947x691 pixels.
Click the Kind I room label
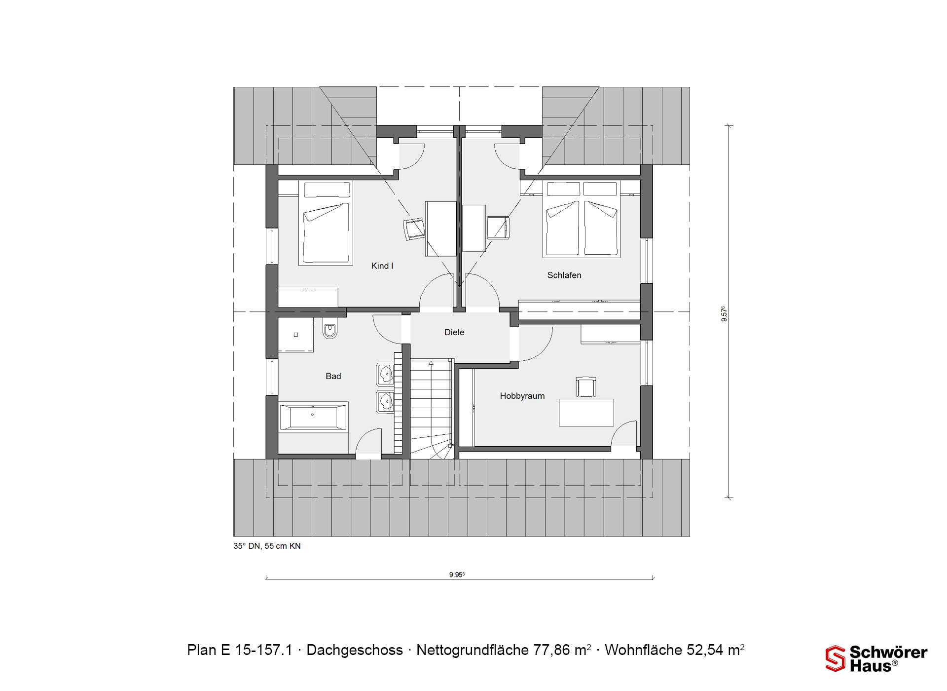click(x=382, y=266)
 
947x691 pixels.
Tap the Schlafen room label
click(x=564, y=275)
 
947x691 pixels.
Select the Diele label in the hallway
click(x=454, y=332)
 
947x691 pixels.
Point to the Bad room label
click(x=333, y=376)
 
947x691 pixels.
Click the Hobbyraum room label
click(x=522, y=396)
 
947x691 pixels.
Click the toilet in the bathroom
click(x=329, y=331)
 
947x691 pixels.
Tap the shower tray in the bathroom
click(x=295, y=335)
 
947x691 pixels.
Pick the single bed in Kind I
click(x=326, y=223)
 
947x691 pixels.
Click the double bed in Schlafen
click(x=582, y=219)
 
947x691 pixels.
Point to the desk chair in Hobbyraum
click(x=585, y=387)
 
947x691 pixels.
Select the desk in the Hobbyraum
click(x=586, y=413)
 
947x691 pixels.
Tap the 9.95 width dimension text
click(x=457, y=575)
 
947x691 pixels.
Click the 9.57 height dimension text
click(x=724, y=314)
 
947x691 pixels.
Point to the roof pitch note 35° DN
click(x=267, y=546)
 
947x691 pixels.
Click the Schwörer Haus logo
click(x=876, y=658)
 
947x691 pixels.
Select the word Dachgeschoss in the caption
click(x=355, y=650)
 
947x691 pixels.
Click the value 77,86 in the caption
click(x=552, y=650)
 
